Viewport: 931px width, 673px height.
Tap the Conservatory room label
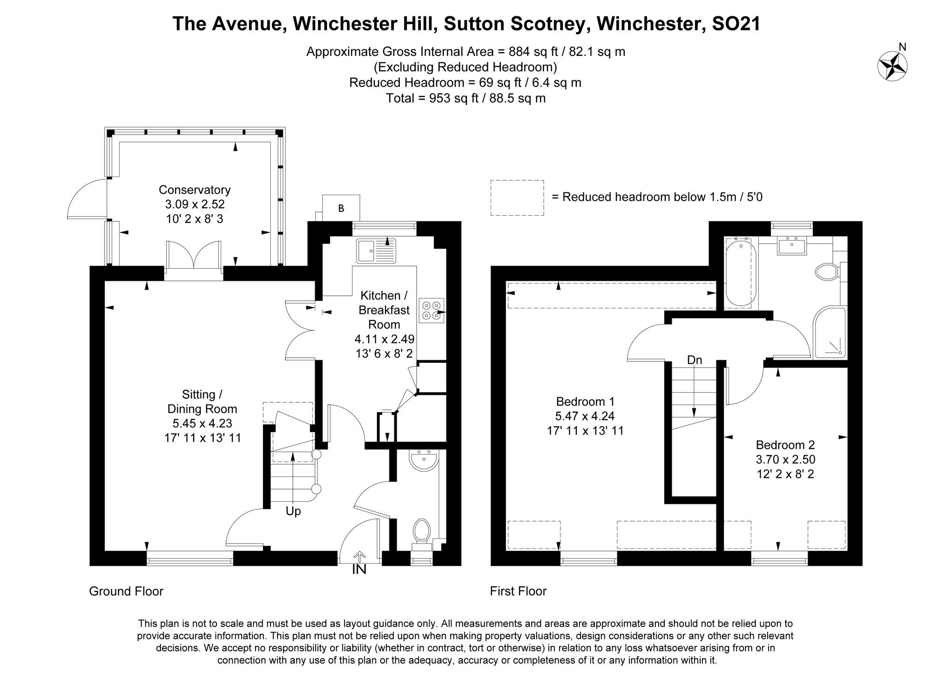tap(195, 190)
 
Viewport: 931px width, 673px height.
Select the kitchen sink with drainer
tap(376, 250)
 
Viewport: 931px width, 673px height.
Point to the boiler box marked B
tap(341, 208)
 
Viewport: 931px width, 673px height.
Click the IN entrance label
tap(359, 569)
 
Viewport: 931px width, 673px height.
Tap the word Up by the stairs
tap(293, 511)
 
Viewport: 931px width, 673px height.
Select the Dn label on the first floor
tap(695, 360)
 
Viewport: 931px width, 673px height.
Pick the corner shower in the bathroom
tap(830, 333)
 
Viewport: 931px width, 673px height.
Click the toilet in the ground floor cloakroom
tap(422, 530)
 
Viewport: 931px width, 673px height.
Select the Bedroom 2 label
tap(785, 445)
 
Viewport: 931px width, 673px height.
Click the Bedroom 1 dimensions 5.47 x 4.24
tap(585, 416)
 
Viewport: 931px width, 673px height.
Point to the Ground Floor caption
tap(126, 591)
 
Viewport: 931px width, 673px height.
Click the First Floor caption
tap(518, 591)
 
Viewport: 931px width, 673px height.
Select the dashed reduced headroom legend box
tap(517, 197)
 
